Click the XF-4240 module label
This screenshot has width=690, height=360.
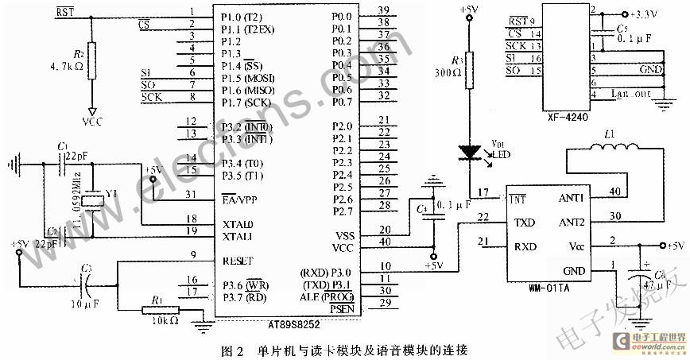point(568,118)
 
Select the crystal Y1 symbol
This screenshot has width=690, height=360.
point(93,201)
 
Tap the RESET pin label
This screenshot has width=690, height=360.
point(239,260)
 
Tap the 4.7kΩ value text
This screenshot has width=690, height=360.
point(65,67)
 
